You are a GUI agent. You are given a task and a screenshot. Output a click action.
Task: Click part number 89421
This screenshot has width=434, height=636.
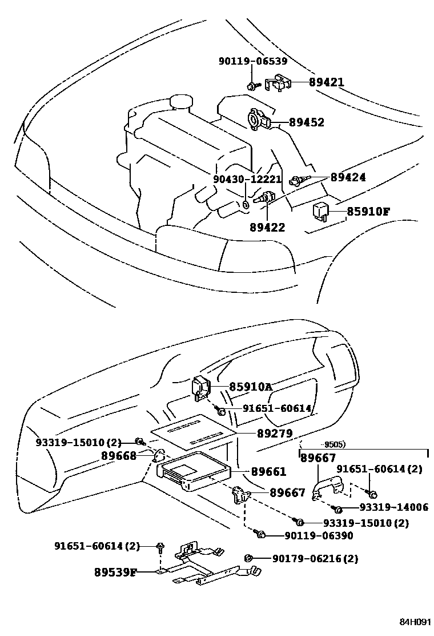(x=327, y=82)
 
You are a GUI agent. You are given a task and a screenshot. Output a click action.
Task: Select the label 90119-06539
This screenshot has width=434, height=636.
(x=253, y=62)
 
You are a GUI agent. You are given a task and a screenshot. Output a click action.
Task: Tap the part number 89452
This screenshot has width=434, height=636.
(x=306, y=122)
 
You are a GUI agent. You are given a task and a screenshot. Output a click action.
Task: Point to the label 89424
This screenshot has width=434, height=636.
(x=348, y=177)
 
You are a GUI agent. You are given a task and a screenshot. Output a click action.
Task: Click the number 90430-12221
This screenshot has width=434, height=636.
(x=247, y=179)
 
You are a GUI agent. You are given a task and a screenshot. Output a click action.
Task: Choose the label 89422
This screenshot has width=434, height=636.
(x=267, y=227)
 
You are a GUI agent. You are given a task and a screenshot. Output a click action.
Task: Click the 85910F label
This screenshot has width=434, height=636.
(x=368, y=212)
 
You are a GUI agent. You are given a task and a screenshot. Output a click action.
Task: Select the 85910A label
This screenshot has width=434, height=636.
(x=251, y=387)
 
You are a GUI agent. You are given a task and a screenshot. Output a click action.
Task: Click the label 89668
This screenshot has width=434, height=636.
(x=119, y=455)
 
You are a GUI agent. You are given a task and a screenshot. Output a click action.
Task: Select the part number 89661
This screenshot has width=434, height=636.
(x=268, y=472)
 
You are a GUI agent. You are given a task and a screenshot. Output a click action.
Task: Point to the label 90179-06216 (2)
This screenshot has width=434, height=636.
(x=315, y=559)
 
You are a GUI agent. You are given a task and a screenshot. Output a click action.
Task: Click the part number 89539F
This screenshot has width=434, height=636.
(x=115, y=571)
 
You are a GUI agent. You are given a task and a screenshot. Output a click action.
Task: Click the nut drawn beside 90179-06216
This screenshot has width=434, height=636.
(x=248, y=558)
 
